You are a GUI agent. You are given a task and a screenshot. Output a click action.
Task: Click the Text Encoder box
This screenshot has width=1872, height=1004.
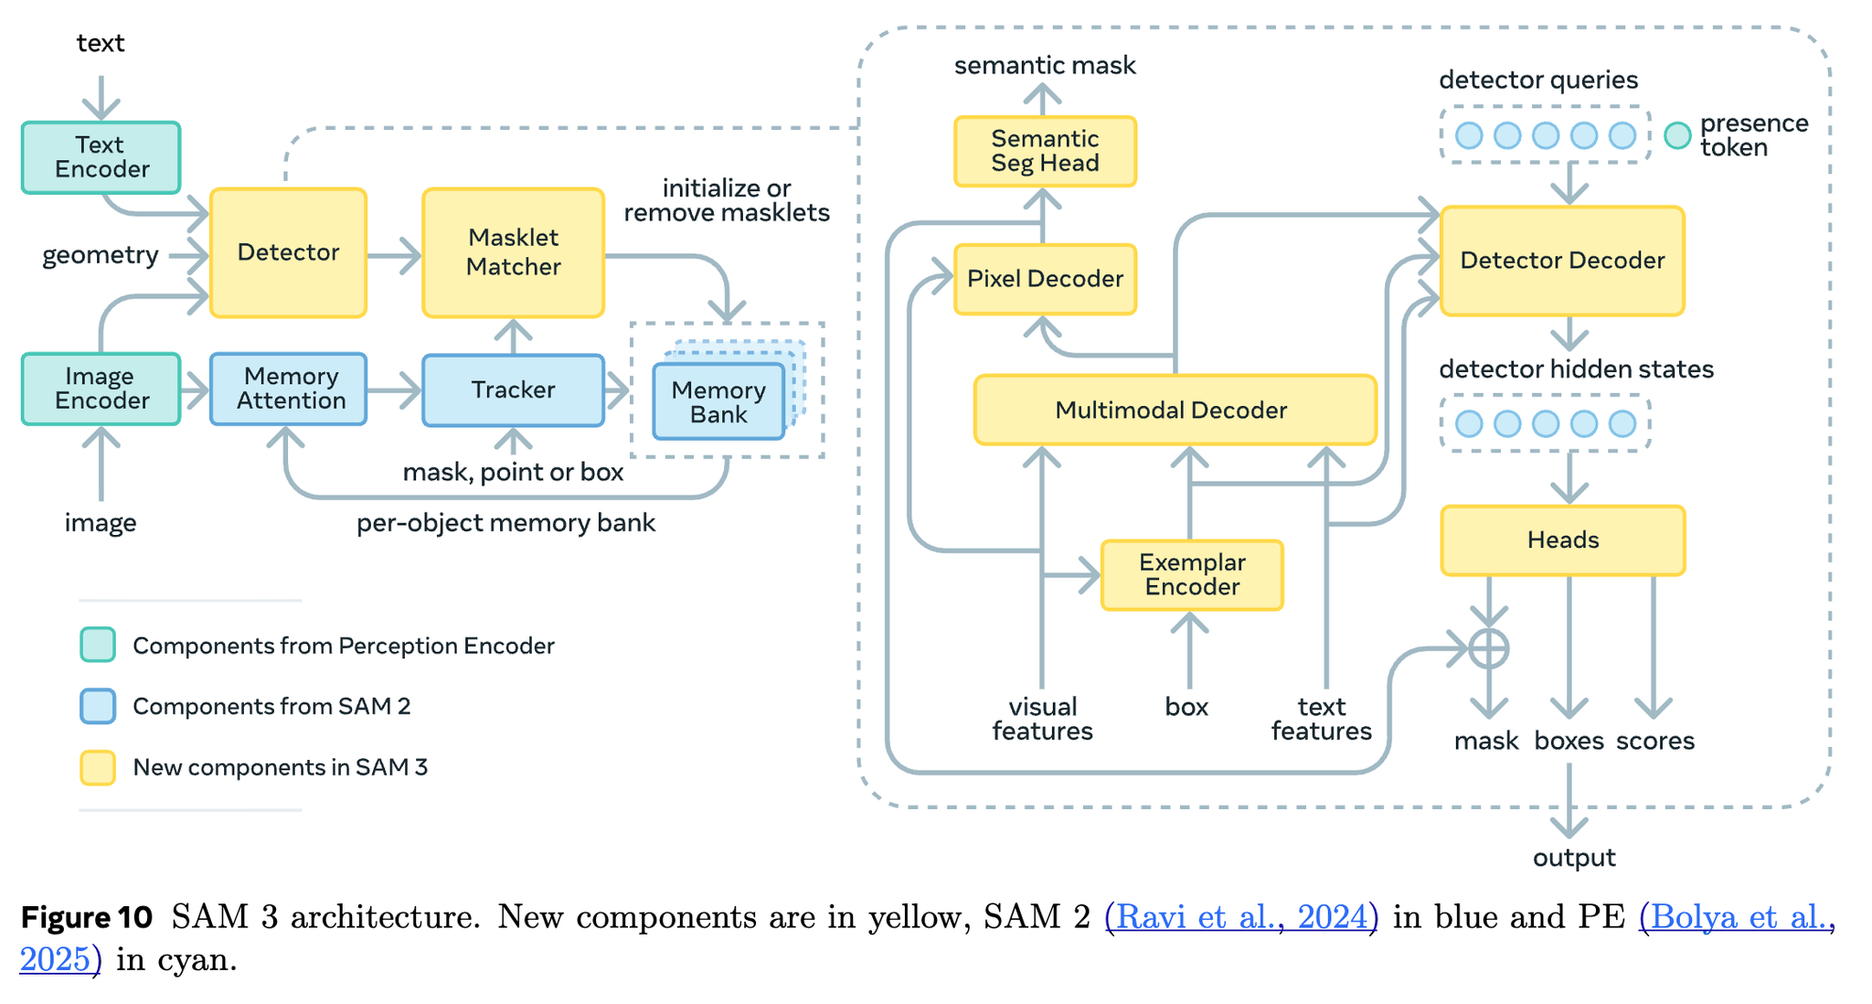click(101, 157)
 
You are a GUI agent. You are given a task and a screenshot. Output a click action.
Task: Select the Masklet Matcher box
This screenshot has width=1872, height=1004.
click(513, 252)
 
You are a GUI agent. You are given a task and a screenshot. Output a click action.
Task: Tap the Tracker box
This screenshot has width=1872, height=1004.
click(513, 390)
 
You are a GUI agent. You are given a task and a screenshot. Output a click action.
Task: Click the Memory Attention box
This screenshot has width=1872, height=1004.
click(289, 390)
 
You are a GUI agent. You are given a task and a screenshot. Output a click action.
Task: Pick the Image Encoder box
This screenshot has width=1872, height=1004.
click(101, 390)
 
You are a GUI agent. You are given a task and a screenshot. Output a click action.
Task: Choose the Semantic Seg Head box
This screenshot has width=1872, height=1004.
click(1045, 152)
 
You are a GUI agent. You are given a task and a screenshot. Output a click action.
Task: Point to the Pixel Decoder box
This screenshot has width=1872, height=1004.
click(1045, 279)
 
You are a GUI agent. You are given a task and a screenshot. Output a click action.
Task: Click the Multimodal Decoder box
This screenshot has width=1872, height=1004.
click(1175, 410)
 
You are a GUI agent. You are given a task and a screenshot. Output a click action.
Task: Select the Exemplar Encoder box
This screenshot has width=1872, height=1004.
click(1192, 575)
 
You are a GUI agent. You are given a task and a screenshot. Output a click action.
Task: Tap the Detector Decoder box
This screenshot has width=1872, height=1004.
click(1562, 262)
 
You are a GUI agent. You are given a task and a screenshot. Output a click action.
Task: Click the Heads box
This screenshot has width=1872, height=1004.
click(1562, 540)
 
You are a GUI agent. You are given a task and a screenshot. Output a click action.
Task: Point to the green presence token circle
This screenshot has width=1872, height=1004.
click(1677, 135)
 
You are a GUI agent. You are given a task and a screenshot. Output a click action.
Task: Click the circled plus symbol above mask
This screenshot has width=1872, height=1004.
click(1489, 649)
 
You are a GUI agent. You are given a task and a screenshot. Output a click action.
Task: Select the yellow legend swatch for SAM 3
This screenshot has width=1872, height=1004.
click(98, 767)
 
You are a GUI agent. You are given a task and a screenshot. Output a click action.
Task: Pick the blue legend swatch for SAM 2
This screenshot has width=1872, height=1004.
click(98, 706)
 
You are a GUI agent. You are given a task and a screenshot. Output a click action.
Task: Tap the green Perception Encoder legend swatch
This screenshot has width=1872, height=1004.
click(98, 645)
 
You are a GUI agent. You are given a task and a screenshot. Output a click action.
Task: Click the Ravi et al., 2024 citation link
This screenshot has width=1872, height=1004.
click(1241, 916)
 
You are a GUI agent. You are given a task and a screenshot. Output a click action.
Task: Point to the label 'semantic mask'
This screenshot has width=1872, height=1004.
click(1045, 66)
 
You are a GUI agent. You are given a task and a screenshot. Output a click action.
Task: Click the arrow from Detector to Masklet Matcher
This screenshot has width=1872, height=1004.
click(395, 256)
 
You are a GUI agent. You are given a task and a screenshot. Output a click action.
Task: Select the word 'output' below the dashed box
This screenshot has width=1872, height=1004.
click(1574, 858)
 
